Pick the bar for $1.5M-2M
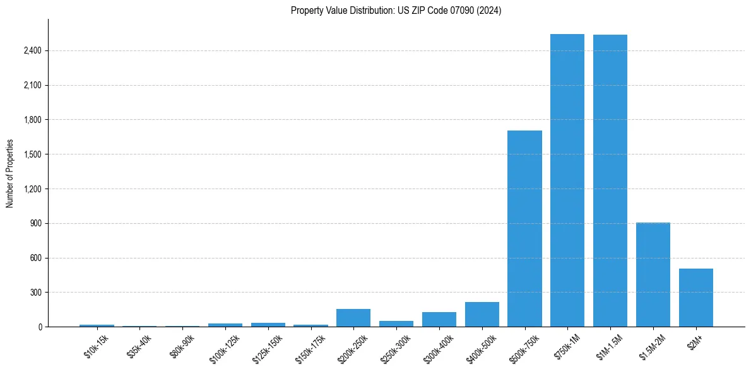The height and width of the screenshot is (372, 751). (653, 275)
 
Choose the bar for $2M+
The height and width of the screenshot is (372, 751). (696, 298)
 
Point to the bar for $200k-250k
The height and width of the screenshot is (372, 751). (353, 318)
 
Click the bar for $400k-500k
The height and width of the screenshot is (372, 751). (482, 315)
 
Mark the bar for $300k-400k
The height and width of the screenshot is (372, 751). (439, 320)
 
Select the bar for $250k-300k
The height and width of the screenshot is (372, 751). (396, 323)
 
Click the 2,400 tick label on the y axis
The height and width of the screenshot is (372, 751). (32, 51)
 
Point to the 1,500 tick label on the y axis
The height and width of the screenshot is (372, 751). (32, 154)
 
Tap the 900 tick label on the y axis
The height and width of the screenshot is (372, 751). (35, 224)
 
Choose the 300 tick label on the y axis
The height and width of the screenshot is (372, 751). (35, 293)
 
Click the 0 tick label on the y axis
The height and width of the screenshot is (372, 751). (39, 327)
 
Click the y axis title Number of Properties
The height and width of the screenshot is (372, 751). (10, 173)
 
